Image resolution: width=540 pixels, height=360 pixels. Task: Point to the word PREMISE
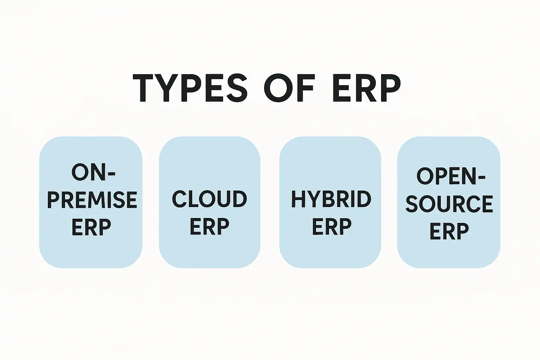click(x=92, y=200)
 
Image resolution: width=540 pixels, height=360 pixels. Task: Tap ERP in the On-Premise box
click(x=91, y=227)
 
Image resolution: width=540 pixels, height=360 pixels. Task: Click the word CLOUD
click(x=210, y=199)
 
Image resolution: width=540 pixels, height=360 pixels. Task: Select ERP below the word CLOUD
click(x=210, y=226)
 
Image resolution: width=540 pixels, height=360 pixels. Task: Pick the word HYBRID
click(x=331, y=199)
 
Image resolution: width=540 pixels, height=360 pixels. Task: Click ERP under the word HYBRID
click(x=332, y=226)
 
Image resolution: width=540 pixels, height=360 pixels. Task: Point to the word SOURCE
click(x=449, y=204)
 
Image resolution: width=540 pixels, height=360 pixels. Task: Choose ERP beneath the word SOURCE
click(x=449, y=231)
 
